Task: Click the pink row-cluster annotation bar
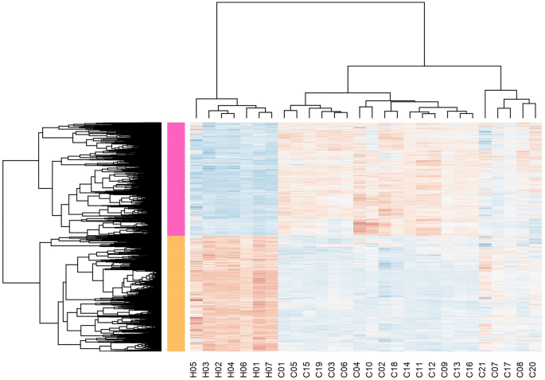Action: coord(175,178)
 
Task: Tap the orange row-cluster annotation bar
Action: coord(175,293)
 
